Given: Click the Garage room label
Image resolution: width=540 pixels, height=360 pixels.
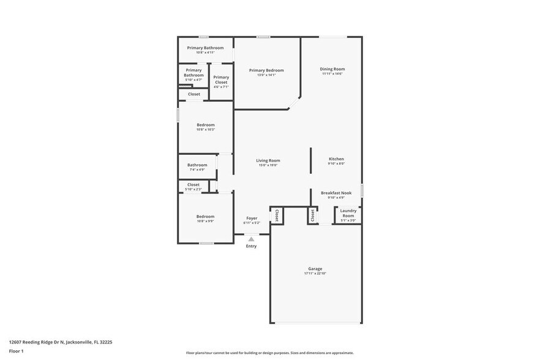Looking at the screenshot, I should [315, 269].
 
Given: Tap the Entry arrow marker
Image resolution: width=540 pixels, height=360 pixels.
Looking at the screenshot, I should [251, 239].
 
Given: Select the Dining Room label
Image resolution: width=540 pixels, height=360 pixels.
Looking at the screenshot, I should [332, 69].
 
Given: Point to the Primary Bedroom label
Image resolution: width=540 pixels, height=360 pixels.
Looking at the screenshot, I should [266, 70].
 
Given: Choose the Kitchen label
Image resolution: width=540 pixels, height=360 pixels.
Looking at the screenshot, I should [336, 159].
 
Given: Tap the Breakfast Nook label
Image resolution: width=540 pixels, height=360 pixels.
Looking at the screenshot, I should [336, 193].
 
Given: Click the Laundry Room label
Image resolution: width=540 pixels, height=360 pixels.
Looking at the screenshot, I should [348, 213].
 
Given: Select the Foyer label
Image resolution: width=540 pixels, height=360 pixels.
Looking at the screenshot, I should [252, 218].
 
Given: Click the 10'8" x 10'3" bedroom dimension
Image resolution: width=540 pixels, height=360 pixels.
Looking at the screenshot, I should [205, 130].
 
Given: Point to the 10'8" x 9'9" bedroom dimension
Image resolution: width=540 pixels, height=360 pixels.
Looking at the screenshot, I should [205, 221].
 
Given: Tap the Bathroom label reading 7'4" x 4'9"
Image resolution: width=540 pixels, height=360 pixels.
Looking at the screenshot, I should [197, 165].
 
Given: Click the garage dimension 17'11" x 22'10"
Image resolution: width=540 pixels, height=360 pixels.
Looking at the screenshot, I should [315, 273].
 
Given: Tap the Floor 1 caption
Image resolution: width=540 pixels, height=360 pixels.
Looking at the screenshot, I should [16, 351].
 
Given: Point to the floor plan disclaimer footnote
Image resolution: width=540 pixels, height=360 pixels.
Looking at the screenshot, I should [269, 353].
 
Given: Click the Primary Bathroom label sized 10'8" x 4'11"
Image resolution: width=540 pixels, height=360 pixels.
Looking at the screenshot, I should [205, 48].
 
